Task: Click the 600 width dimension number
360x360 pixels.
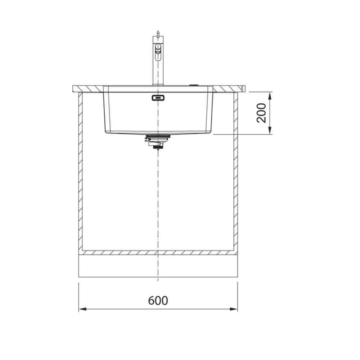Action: click(158, 301)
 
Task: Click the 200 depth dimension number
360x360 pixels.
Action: click(261, 113)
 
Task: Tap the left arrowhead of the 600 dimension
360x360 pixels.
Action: click(82, 309)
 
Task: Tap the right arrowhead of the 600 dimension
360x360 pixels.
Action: click(234, 309)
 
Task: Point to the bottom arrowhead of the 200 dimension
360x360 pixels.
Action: click(270, 130)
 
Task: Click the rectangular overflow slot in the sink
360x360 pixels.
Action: click(158, 98)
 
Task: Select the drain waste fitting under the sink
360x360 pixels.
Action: click(158, 141)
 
